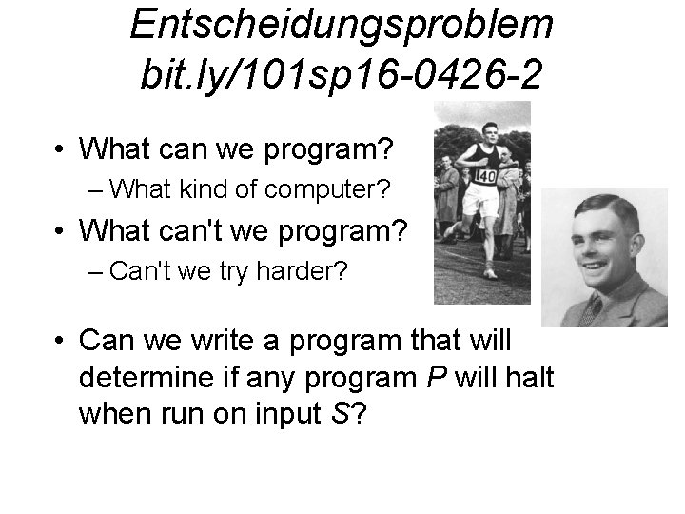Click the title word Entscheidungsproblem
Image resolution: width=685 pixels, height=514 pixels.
click(341, 25)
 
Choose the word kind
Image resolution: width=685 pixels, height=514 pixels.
click(200, 189)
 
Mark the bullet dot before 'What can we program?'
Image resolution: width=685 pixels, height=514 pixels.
click(59, 149)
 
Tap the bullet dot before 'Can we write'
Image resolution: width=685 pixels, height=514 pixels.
click(59, 339)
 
